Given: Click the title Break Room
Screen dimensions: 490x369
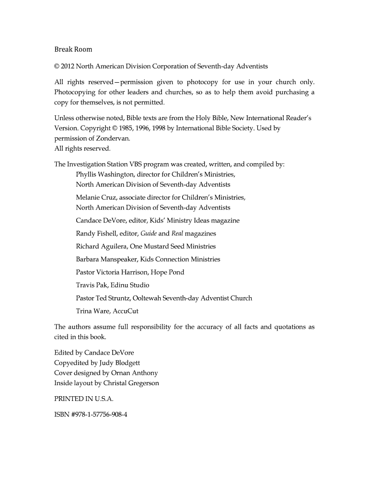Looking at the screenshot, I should [x=73, y=49].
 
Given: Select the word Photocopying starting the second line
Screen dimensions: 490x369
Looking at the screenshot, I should [x=76, y=92].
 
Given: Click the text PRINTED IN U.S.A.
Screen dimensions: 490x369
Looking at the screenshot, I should [x=84, y=398].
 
